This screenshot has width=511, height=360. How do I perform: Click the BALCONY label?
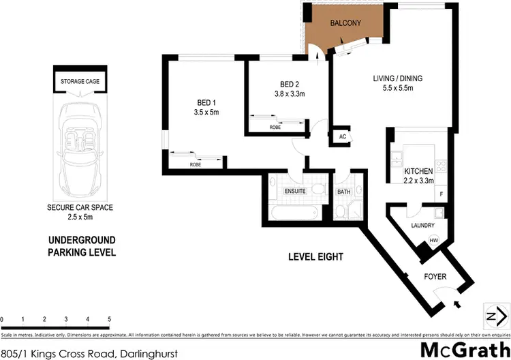click(345, 23)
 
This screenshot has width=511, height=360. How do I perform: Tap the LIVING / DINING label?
click(397, 78)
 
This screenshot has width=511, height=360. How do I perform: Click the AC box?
click(343, 136)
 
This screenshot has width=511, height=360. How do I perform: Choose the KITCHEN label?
click(418, 170)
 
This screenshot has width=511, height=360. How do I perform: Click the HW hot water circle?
click(433, 240)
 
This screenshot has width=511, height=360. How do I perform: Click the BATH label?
click(343, 192)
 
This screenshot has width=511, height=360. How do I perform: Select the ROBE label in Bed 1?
click(196, 164)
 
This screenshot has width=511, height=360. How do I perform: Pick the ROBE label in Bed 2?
click(275, 127)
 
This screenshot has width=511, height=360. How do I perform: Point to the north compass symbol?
click(495, 315)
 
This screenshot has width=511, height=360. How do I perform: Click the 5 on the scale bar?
click(109, 319)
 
